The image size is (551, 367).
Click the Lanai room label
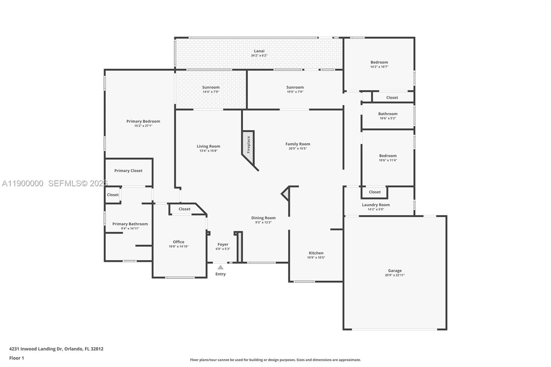tap(259, 51)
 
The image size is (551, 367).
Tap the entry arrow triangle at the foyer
tap(220, 267)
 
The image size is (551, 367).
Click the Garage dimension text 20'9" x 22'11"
tap(395, 275)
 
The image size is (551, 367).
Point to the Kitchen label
tap(316, 253)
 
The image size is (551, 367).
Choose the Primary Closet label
tap(128, 171)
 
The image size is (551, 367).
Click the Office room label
tap(178, 242)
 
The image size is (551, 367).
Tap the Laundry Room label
tap(376, 205)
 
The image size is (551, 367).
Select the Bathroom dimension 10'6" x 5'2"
tap(388, 118)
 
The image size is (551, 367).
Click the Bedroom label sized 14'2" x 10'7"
tap(379, 62)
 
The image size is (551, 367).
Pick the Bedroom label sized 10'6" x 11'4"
tap(388, 156)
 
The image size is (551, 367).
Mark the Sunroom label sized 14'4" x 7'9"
tap(211, 87)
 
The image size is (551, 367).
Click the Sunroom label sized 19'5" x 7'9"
tap(295, 87)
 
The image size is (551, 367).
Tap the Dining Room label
tap(263, 218)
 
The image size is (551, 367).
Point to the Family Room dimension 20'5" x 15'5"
tap(298, 148)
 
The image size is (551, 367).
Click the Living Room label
tap(208, 146)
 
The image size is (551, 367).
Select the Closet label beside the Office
tap(184, 209)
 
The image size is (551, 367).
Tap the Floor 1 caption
tap(17, 358)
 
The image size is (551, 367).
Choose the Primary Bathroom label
tap(130, 224)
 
